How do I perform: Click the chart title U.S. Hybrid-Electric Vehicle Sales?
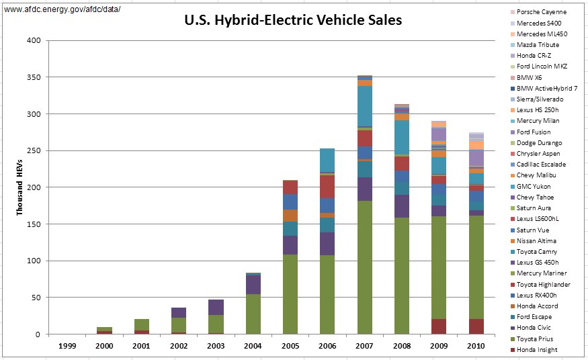[x=293, y=20]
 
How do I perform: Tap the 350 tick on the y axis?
[x=34, y=77]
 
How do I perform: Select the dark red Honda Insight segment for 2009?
[x=439, y=326]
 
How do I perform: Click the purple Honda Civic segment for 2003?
[x=216, y=307]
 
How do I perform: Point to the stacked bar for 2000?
[x=105, y=330]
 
